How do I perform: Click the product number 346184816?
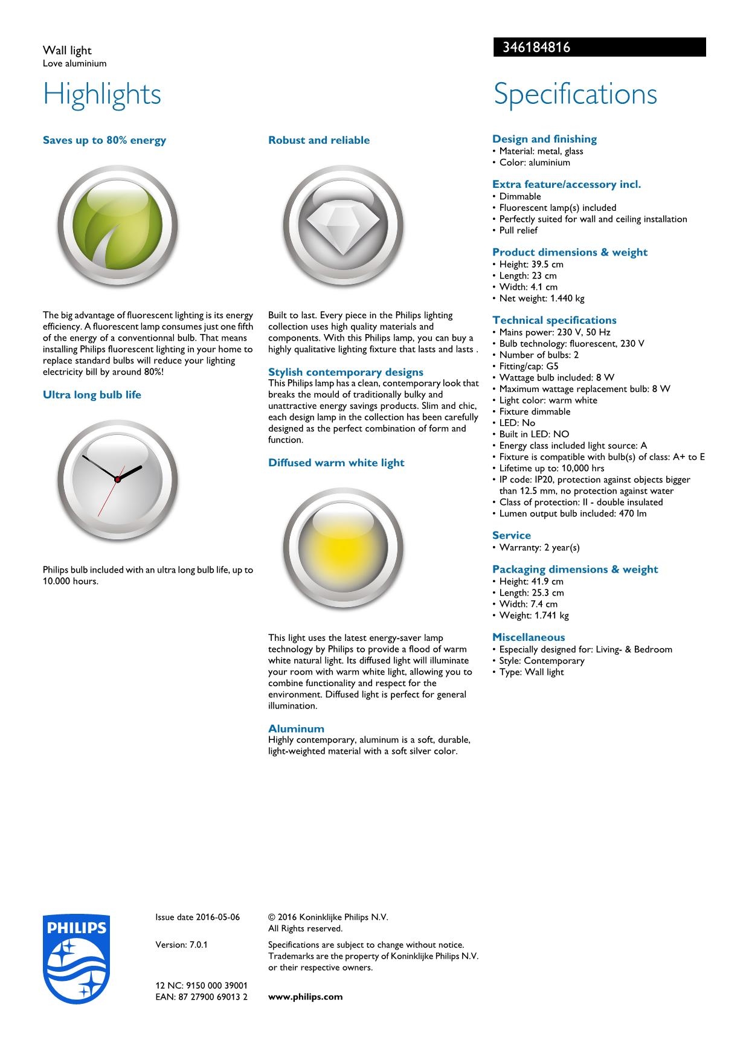pos(532,48)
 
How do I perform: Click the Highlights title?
pos(102,94)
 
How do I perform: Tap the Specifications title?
pos(575,94)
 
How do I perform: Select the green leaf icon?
pos(118,225)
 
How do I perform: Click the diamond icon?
pos(343,225)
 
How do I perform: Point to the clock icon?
pos(118,480)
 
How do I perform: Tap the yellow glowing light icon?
pos(343,548)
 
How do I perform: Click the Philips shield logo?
pos(77,959)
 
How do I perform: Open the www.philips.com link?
pos(305,997)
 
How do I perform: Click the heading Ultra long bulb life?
pos(92,395)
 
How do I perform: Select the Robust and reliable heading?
pos(319,140)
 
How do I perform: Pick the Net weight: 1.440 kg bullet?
pos(541,298)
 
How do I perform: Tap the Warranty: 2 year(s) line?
pos(539,548)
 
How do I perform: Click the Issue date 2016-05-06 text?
pos(198,917)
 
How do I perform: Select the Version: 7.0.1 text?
pos(181,945)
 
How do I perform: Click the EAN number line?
pos(201,997)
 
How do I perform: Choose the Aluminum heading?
pos(296,728)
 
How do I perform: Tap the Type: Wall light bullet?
pos(531,672)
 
